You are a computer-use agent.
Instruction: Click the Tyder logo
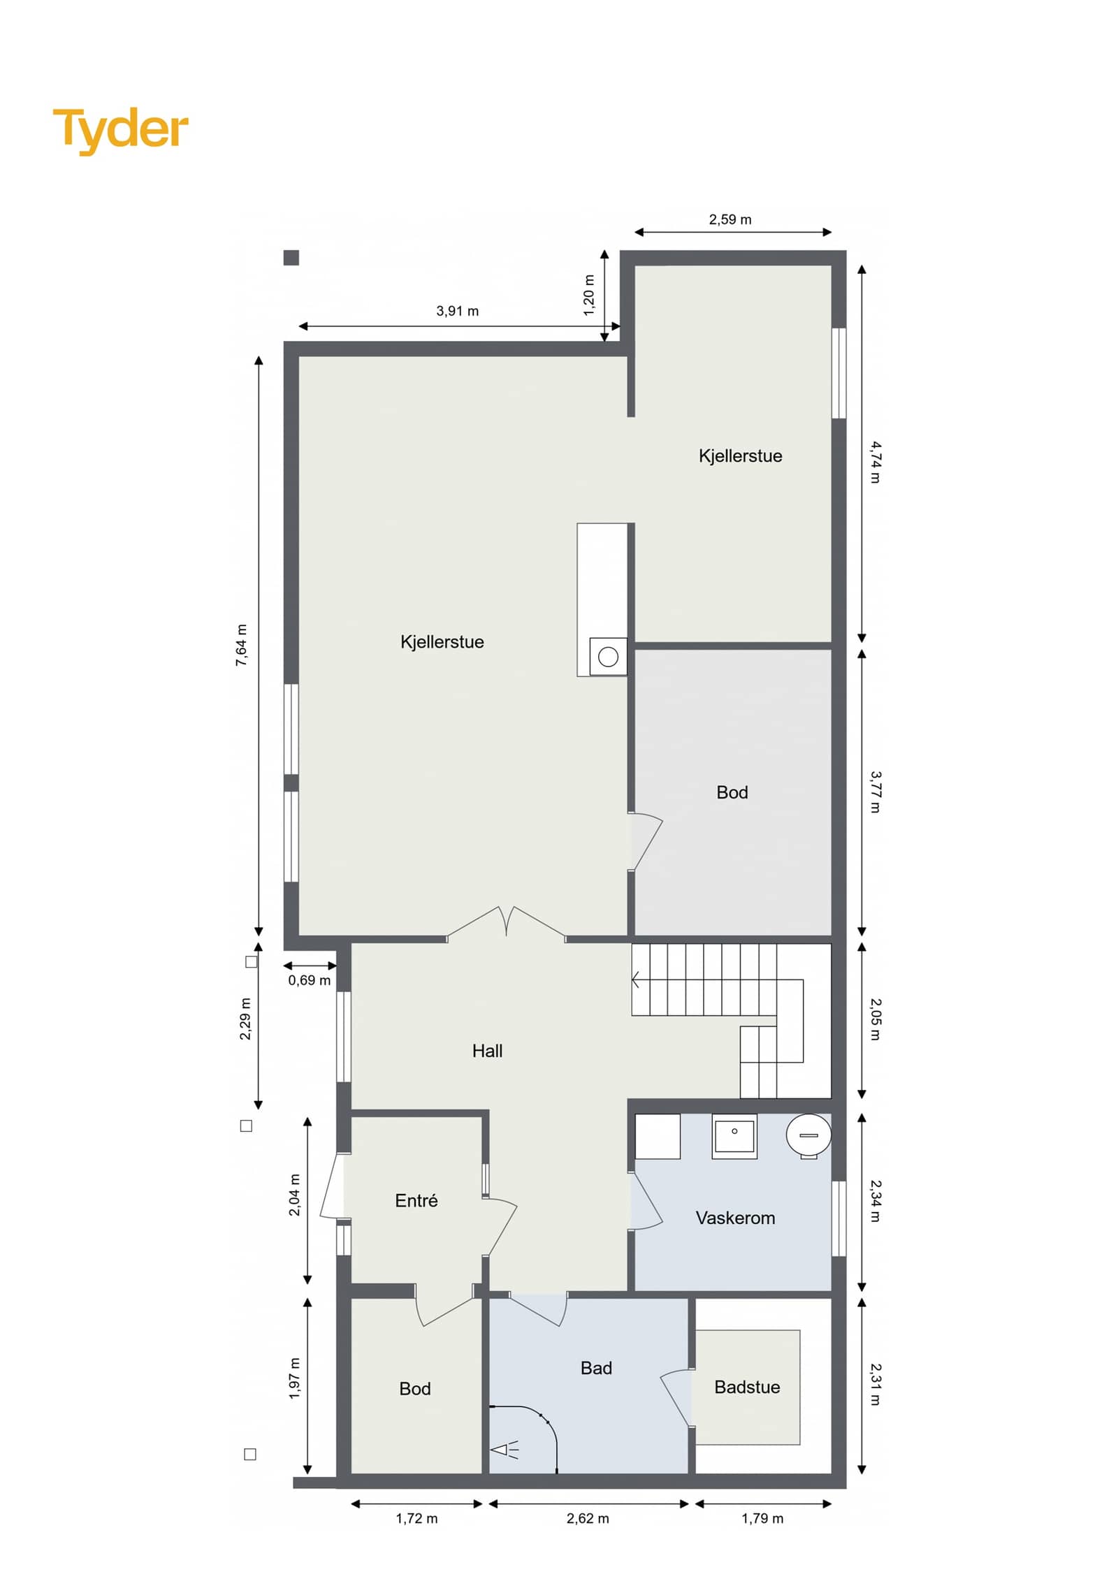coord(120,131)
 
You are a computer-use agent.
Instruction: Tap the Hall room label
coord(487,1051)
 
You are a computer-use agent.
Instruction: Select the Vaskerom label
coord(735,1218)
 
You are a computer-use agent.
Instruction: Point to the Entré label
coord(416,1200)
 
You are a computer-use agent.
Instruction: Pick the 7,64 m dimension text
coord(241,645)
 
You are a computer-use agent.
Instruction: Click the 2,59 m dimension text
coord(730,219)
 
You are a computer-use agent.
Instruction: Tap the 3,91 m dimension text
coord(458,311)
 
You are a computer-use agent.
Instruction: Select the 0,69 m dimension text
coord(310,980)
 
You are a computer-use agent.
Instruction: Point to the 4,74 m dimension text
coord(876,462)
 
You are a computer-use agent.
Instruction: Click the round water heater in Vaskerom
coord(808,1135)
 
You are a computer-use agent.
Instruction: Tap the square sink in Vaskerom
coord(734,1136)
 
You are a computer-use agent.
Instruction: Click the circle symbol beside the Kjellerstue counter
coord(608,657)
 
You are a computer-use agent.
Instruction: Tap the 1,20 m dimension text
coord(589,295)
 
